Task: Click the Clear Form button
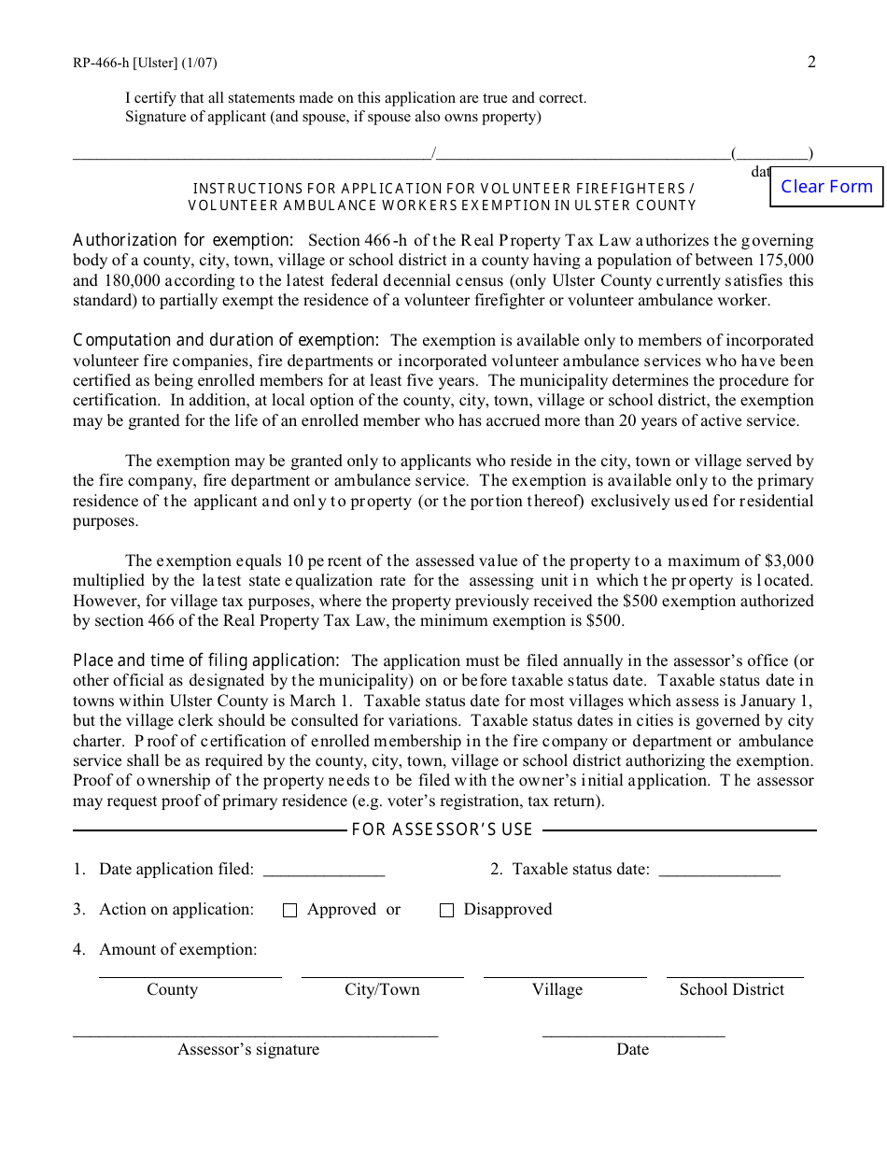826,187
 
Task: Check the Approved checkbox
289,911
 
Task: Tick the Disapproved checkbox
446,911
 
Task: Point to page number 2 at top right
811,63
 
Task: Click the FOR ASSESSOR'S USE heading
443,830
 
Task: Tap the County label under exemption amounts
172,990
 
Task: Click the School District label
731,990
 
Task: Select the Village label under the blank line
556,990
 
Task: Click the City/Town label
382,990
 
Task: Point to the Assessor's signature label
248,1050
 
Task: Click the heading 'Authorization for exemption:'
183,241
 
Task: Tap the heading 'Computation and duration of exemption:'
226,341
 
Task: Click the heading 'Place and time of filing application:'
206,661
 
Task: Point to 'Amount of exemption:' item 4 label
177,950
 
